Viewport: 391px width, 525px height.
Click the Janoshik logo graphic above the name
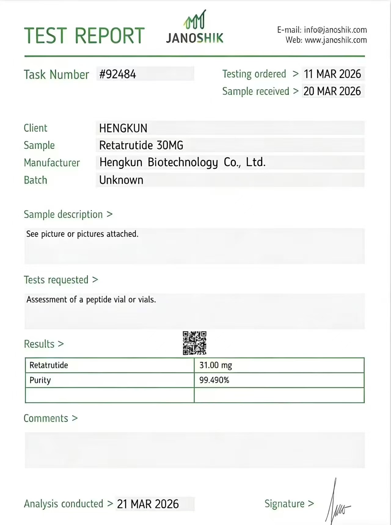pyautogui.click(x=195, y=20)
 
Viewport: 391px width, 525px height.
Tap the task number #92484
pyautogui.click(x=118, y=74)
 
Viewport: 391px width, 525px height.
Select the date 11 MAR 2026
pyautogui.click(x=332, y=74)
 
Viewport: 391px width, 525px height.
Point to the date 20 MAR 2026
pyautogui.click(x=332, y=91)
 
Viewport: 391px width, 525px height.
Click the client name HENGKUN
pyautogui.click(x=123, y=128)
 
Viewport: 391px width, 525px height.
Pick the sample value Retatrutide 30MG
pyautogui.click(x=141, y=145)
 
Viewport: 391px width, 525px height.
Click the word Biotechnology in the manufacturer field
pyautogui.click(x=183, y=162)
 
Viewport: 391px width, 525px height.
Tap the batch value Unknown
pyautogui.click(x=121, y=180)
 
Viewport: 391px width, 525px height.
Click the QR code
pyautogui.click(x=195, y=343)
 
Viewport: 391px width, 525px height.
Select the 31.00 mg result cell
pyautogui.click(x=216, y=365)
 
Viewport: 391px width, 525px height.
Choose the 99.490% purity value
pyautogui.click(x=214, y=380)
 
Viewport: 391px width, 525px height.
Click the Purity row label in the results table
pyautogui.click(x=40, y=380)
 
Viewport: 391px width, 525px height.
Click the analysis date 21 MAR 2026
pyautogui.click(x=148, y=504)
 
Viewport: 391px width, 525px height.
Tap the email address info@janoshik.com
pyautogui.click(x=335, y=30)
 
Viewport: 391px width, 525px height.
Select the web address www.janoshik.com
pyautogui.click(x=336, y=40)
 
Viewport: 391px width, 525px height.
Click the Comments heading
pyautogui.click(x=46, y=418)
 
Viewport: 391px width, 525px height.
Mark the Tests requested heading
pyautogui.click(x=56, y=280)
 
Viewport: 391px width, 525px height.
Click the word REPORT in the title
pyautogui.click(x=109, y=36)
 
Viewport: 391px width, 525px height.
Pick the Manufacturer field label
pyautogui.click(x=52, y=163)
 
